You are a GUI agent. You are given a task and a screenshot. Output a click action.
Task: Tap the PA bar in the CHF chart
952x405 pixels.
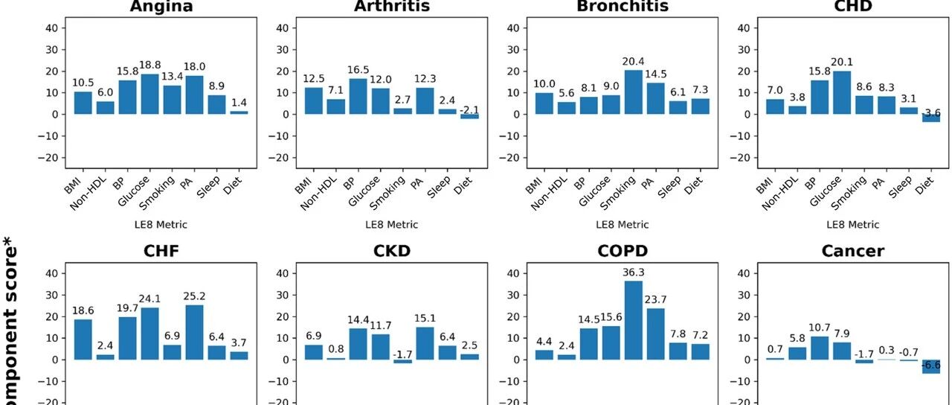pyautogui.click(x=194, y=332)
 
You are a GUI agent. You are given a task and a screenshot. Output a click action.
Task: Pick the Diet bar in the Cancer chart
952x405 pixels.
pyautogui.click(x=930, y=366)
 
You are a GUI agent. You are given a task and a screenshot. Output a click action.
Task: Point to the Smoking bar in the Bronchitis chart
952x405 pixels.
pyautogui.click(x=634, y=92)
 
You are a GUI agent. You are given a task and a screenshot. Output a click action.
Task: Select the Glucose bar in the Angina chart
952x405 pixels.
pyautogui.click(x=149, y=94)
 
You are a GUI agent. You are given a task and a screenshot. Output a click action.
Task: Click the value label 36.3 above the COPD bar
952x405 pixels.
pyautogui.click(x=634, y=272)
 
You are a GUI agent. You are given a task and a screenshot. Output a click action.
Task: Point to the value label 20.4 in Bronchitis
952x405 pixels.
pyautogui.click(x=634, y=61)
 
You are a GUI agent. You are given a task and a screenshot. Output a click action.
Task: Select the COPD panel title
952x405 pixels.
pyautogui.click(x=622, y=251)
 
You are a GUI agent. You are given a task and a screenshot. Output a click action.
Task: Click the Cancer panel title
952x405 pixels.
pyautogui.click(x=852, y=251)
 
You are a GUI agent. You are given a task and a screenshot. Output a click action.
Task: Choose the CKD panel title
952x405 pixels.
pyautogui.click(x=391, y=251)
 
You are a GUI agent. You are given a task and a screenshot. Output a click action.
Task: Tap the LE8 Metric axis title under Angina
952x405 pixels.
pyautogui.click(x=161, y=224)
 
